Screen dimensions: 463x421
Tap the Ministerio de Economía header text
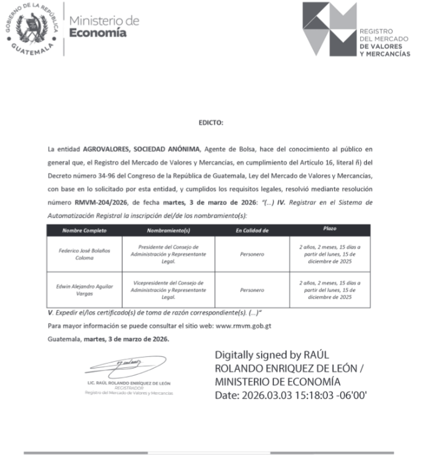pos(104,27)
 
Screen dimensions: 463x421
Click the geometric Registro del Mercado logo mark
pos(329,28)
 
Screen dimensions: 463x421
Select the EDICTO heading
pos(211,123)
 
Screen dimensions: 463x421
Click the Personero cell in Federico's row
pos(252,254)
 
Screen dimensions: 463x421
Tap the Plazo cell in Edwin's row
pos(329,290)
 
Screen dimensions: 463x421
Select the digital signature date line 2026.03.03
pos(290,395)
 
